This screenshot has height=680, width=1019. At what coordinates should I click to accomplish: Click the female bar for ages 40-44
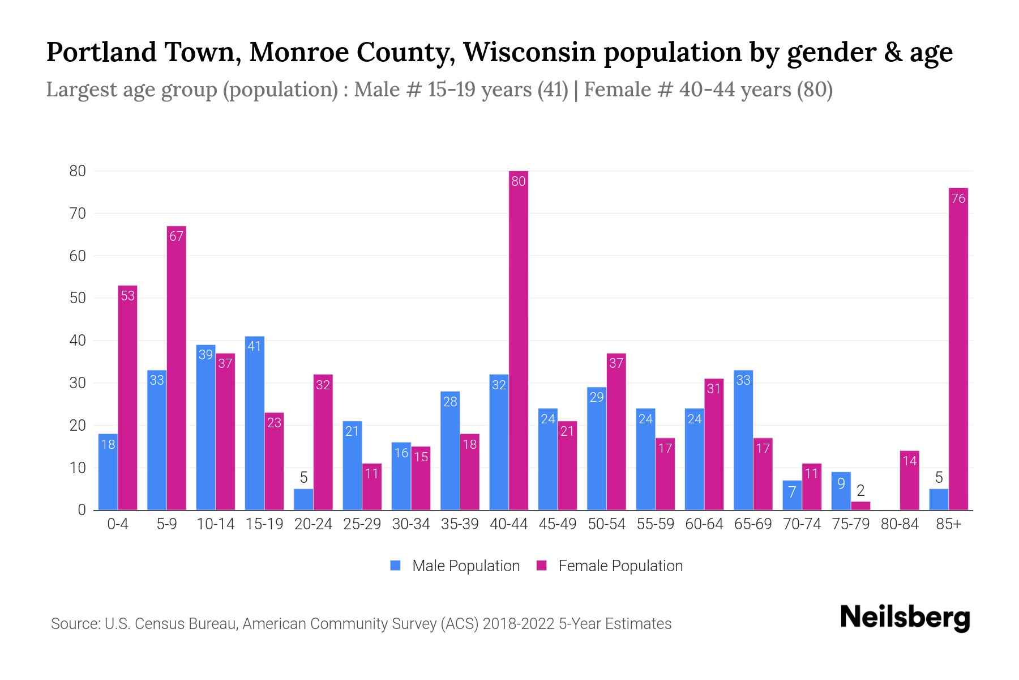(x=518, y=340)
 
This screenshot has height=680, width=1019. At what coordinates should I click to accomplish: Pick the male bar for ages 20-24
(x=303, y=499)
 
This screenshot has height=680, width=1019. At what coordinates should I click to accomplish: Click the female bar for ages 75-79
(x=860, y=505)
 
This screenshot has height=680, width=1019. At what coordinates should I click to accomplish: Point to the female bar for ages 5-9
(x=176, y=368)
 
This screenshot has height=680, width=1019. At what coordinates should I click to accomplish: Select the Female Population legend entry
(x=610, y=566)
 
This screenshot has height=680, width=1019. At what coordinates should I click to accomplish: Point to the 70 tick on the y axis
(x=78, y=214)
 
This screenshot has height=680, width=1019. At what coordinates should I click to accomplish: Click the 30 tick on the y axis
(x=78, y=383)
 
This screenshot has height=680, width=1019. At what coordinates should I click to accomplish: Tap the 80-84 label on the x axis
(x=900, y=524)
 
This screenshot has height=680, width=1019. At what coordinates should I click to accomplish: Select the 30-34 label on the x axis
(x=411, y=524)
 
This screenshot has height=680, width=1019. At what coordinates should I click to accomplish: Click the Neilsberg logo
(x=905, y=617)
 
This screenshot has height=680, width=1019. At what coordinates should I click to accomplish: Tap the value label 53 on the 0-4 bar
(x=128, y=296)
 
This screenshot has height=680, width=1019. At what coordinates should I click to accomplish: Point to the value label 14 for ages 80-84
(x=909, y=461)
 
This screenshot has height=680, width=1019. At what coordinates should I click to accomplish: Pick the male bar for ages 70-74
(x=792, y=495)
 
